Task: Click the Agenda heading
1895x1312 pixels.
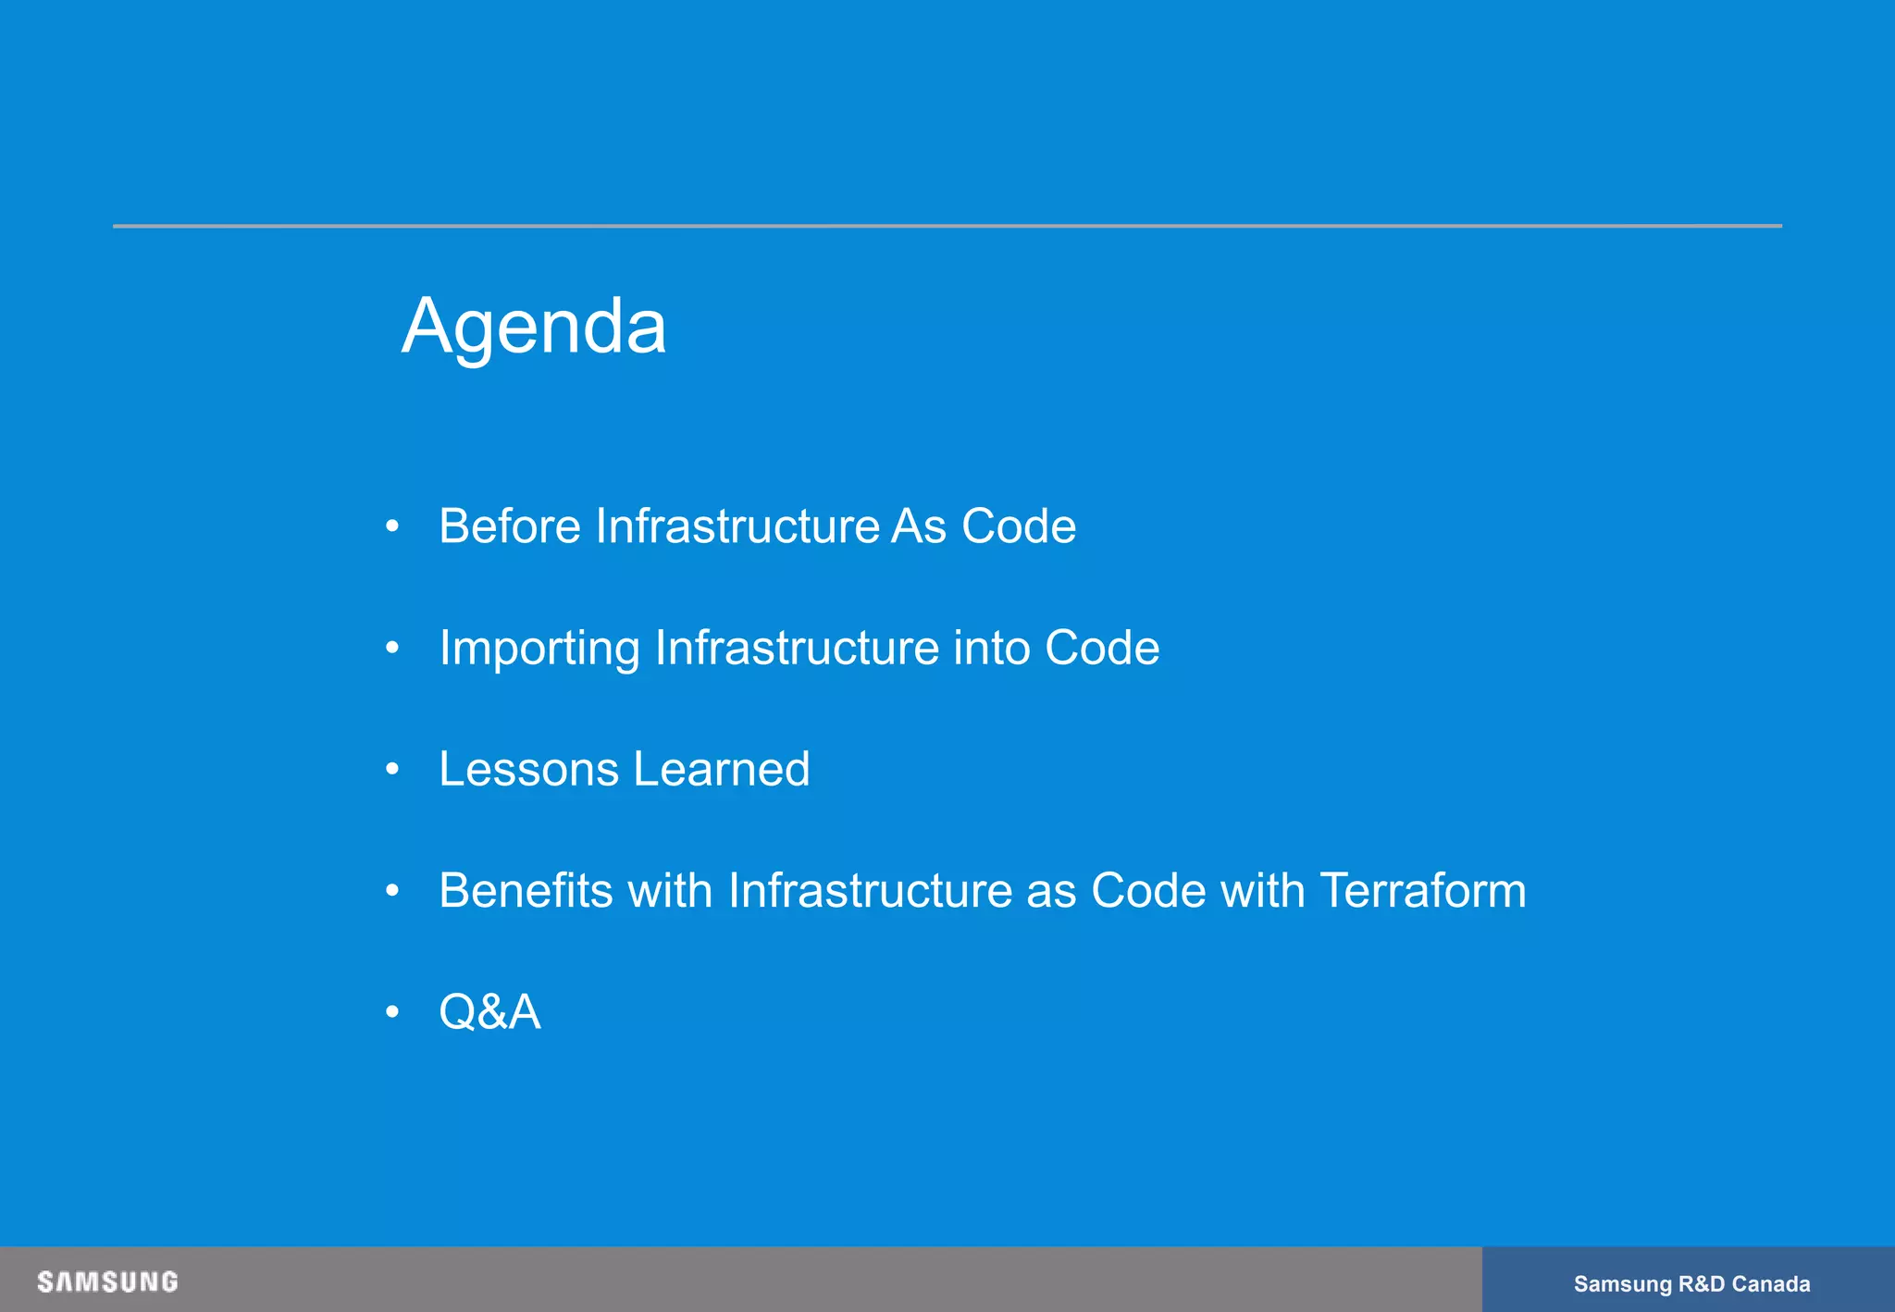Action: click(x=534, y=327)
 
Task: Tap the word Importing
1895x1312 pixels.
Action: click(x=539, y=649)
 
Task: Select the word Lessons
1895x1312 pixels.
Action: click(x=528, y=770)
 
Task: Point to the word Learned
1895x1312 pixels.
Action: click(x=722, y=770)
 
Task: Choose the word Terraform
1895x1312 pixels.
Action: click(x=1422, y=891)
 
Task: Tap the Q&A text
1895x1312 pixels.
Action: click(x=489, y=1012)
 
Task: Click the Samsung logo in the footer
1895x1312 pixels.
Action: click(x=107, y=1281)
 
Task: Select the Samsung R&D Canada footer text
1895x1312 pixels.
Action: click(x=1691, y=1284)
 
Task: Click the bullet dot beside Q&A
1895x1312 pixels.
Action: click(x=392, y=1012)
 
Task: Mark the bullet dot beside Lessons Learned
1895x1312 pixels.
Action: click(x=392, y=769)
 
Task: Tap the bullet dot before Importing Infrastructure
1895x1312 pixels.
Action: click(x=392, y=648)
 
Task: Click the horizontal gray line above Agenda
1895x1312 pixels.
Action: click(x=947, y=226)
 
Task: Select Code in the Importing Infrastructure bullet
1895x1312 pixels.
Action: click(x=1101, y=648)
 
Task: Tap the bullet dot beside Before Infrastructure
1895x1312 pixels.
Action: click(x=392, y=526)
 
